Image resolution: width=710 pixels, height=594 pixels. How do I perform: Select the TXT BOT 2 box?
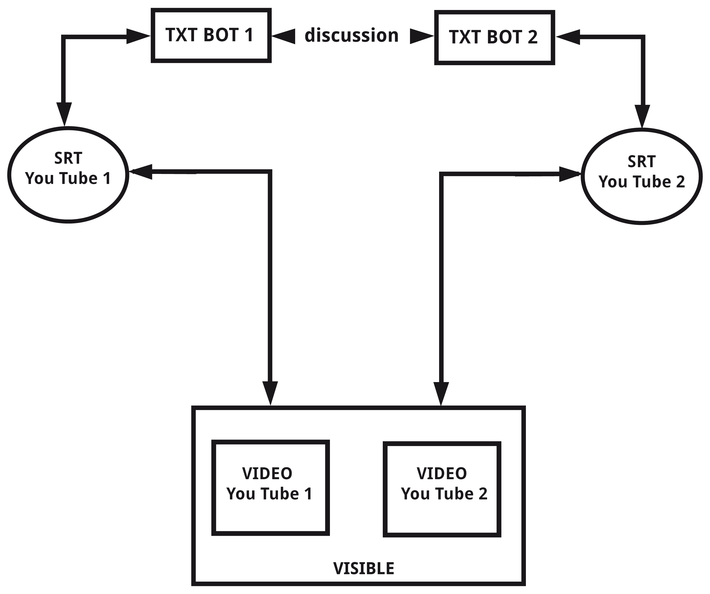pyautogui.click(x=494, y=37)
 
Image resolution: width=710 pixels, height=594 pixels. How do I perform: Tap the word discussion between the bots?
pyautogui.click(x=351, y=36)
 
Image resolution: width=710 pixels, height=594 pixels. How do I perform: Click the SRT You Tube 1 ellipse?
pyautogui.click(x=68, y=175)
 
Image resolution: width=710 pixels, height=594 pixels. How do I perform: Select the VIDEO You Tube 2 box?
pyautogui.click(x=442, y=489)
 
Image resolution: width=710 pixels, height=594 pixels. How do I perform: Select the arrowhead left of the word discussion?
pyautogui.click(x=283, y=36)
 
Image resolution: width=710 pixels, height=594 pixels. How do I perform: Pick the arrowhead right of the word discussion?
pyautogui.click(x=421, y=36)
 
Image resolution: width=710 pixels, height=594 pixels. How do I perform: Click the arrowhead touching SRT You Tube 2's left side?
pyautogui.click(x=569, y=174)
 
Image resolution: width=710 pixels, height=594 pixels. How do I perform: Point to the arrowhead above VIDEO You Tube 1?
pyautogui.click(x=270, y=392)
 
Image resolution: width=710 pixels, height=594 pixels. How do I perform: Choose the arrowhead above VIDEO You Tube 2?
pyautogui.click(x=441, y=393)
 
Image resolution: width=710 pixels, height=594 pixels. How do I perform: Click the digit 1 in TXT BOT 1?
pyautogui.click(x=249, y=35)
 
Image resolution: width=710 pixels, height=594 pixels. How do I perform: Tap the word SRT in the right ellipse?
pyautogui.click(x=641, y=162)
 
